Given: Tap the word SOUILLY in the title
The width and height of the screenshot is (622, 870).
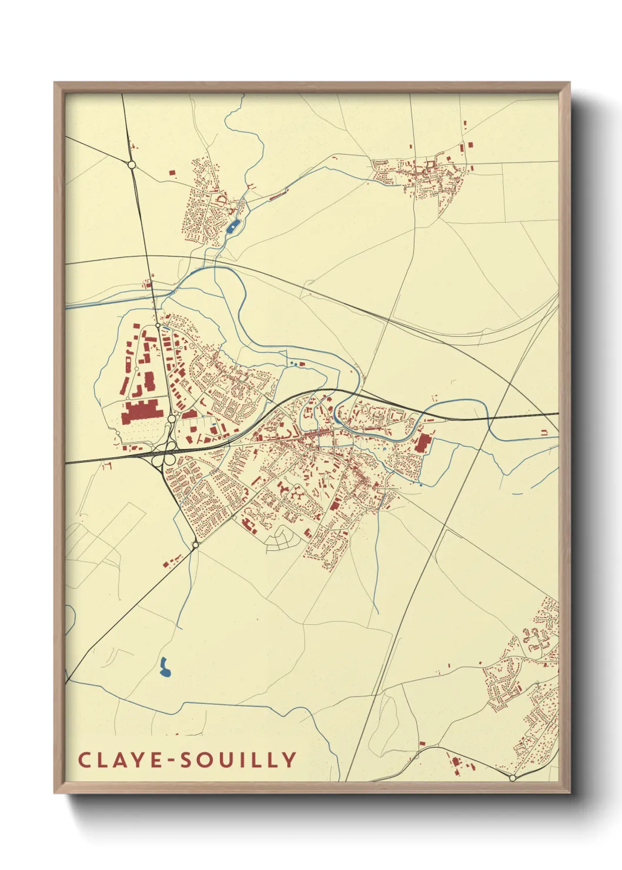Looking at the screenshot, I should pyautogui.click(x=238, y=759).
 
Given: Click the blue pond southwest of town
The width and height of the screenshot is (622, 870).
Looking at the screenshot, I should pyautogui.click(x=166, y=667).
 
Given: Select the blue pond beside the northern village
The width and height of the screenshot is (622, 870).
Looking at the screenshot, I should pyautogui.click(x=233, y=226).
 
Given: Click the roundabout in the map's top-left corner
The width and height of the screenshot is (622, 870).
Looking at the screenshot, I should pyautogui.click(x=132, y=165).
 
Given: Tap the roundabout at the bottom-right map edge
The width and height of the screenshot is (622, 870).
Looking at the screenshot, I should pyautogui.click(x=512, y=778).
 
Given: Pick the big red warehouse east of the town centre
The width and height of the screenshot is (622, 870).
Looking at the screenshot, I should pyautogui.click(x=423, y=442).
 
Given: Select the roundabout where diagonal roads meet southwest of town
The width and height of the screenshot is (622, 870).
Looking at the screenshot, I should pyautogui.click(x=195, y=546).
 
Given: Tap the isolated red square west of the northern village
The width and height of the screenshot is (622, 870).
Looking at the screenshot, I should pyautogui.click(x=172, y=173).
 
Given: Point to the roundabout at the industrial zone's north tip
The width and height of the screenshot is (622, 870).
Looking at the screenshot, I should pyautogui.click(x=158, y=325).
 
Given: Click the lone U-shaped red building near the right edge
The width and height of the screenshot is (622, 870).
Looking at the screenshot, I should pyautogui.click(x=544, y=433).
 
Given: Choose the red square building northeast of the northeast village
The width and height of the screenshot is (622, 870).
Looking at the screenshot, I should pyautogui.click(x=470, y=144).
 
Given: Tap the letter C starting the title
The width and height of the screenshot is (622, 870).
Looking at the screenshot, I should pyautogui.click(x=84, y=759).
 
